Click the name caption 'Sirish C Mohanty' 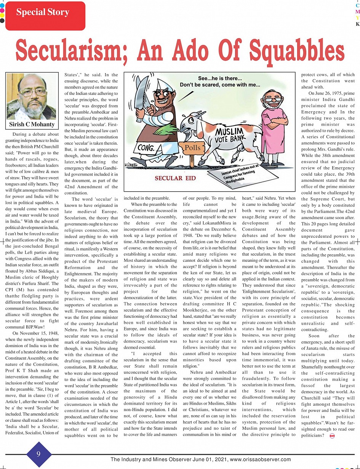[x=32, y=125]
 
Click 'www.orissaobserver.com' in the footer [x=261, y=459]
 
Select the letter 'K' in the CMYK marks [x=357, y=24]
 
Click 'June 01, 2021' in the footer [x=209, y=459]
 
